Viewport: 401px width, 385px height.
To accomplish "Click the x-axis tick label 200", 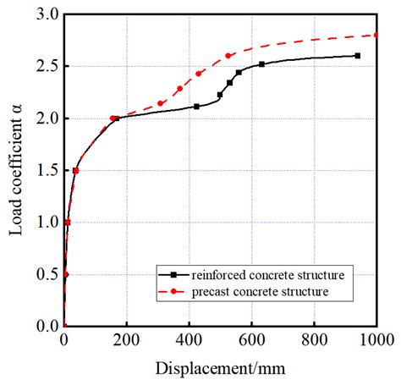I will [x=126, y=340].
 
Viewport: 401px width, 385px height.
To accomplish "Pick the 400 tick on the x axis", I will [x=189, y=340].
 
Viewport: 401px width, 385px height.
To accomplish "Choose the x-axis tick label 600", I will [x=251, y=340].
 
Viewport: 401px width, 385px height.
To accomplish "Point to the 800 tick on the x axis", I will [x=314, y=340].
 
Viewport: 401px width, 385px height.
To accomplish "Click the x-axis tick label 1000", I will [x=375, y=340].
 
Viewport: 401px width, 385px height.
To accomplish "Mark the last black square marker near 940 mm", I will [x=357, y=56].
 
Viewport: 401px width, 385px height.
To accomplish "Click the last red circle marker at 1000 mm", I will [x=376, y=35].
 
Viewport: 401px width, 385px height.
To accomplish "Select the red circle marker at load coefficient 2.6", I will [x=228, y=56].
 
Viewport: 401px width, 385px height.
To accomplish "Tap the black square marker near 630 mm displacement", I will [x=261, y=64].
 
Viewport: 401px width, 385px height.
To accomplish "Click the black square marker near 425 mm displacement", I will [x=196, y=107].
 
